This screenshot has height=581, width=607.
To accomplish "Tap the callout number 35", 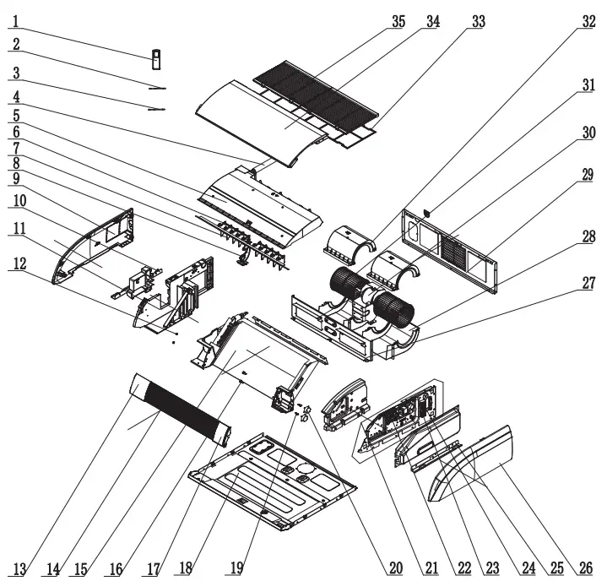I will [398, 23].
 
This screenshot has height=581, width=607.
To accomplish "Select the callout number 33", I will [478, 23].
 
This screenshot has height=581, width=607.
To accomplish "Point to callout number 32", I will [588, 23].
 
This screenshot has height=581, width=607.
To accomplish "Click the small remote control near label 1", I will [156, 58].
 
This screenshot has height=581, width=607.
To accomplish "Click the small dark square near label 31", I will [425, 214].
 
